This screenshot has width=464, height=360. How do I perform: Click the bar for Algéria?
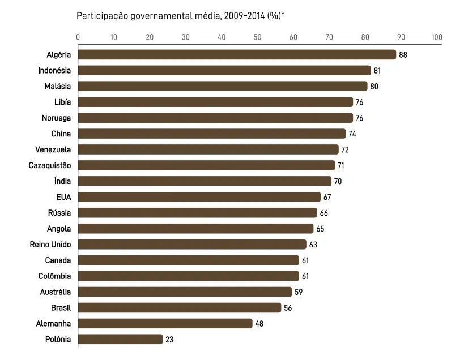(x=237, y=54)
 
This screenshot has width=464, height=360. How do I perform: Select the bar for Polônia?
(x=120, y=339)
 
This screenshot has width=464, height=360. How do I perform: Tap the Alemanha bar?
(x=165, y=323)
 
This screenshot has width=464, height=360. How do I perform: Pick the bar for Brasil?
(x=179, y=307)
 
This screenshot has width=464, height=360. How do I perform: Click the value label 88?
(x=403, y=55)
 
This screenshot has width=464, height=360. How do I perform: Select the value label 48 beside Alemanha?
(x=259, y=324)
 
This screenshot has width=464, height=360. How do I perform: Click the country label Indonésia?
(x=54, y=70)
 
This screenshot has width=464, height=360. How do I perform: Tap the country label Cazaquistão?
(x=50, y=165)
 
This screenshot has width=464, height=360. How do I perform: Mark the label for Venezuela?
(x=53, y=149)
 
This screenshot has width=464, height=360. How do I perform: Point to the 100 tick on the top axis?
(x=436, y=37)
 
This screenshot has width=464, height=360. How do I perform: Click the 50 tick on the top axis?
(x=257, y=37)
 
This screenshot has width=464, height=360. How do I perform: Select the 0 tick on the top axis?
(x=78, y=37)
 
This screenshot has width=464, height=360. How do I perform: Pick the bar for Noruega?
(x=215, y=118)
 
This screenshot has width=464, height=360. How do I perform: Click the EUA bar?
(x=199, y=197)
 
